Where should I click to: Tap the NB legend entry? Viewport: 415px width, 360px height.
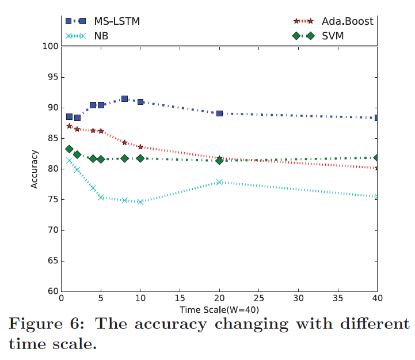point(98,36)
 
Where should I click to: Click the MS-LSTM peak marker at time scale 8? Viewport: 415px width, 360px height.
point(124,99)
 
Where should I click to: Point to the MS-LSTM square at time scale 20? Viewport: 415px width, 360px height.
point(219,113)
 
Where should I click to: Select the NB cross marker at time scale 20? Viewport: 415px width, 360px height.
point(219,182)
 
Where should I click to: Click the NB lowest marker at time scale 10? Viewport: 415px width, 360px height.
point(140,202)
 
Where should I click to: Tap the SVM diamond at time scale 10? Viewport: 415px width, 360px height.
point(140,158)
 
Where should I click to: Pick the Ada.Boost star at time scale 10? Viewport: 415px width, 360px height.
point(140,147)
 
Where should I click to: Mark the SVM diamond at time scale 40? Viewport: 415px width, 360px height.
point(377,157)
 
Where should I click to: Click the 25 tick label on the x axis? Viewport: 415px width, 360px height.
point(258,300)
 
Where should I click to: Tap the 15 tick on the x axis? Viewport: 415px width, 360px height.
point(180,300)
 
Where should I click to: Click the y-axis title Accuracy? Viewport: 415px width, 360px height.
point(35,169)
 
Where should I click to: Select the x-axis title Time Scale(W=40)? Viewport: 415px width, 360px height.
point(219,309)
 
